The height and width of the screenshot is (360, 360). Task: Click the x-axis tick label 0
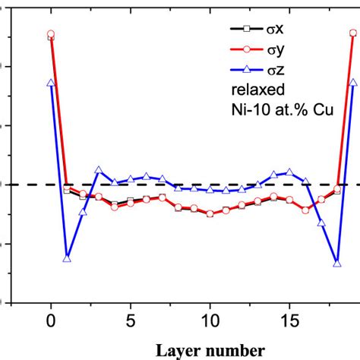pos(50,320)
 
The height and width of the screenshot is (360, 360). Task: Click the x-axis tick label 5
pos(131,320)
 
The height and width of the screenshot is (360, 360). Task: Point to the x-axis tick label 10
pos(210,320)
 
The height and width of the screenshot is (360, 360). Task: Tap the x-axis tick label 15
pos(290,320)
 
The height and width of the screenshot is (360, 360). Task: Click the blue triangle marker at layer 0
pos(51,83)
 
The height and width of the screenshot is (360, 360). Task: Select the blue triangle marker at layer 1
pos(67,259)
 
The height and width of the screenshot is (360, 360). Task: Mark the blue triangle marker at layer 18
pos(337,263)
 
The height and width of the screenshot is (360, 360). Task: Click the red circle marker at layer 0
pos(51,34)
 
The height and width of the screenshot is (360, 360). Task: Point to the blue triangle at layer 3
pos(99,170)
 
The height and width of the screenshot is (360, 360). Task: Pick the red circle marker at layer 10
pos(210,213)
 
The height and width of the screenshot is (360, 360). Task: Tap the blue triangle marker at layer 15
pos(289,172)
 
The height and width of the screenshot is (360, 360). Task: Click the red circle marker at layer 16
pos(305,210)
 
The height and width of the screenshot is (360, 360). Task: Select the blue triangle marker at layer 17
pos(321,223)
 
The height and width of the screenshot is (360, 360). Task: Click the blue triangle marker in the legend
pos(248,72)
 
